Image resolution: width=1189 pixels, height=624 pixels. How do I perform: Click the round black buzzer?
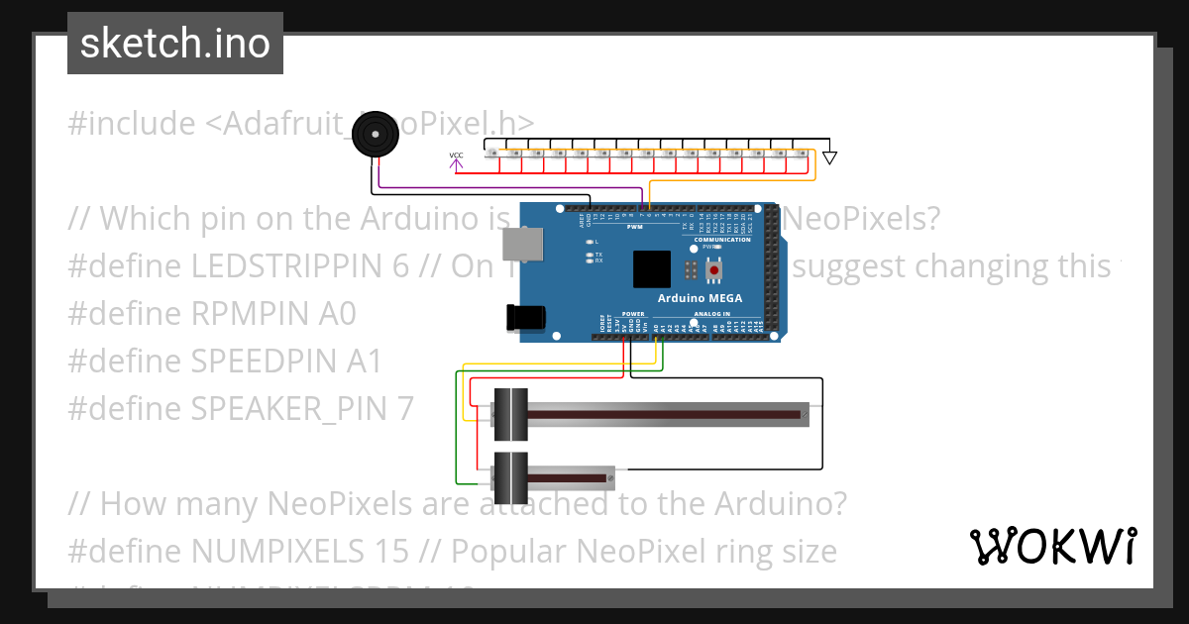tap(374, 134)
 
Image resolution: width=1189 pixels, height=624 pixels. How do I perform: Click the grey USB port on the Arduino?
tap(515, 244)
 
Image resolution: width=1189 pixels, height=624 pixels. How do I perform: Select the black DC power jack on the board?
tap(525, 317)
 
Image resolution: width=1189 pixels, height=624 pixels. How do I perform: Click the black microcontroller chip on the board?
tap(652, 269)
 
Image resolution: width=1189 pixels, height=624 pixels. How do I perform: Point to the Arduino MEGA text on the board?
tap(700, 298)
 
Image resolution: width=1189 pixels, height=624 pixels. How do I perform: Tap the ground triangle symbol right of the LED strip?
tap(830, 157)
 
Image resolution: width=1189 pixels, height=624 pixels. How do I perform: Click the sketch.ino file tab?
tap(174, 44)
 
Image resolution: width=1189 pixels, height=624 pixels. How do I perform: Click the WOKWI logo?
tap(1051, 546)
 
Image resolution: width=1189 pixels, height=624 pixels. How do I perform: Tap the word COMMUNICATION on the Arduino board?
tap(721, 240)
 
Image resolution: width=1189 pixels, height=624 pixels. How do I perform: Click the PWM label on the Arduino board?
tap(634, 227)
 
